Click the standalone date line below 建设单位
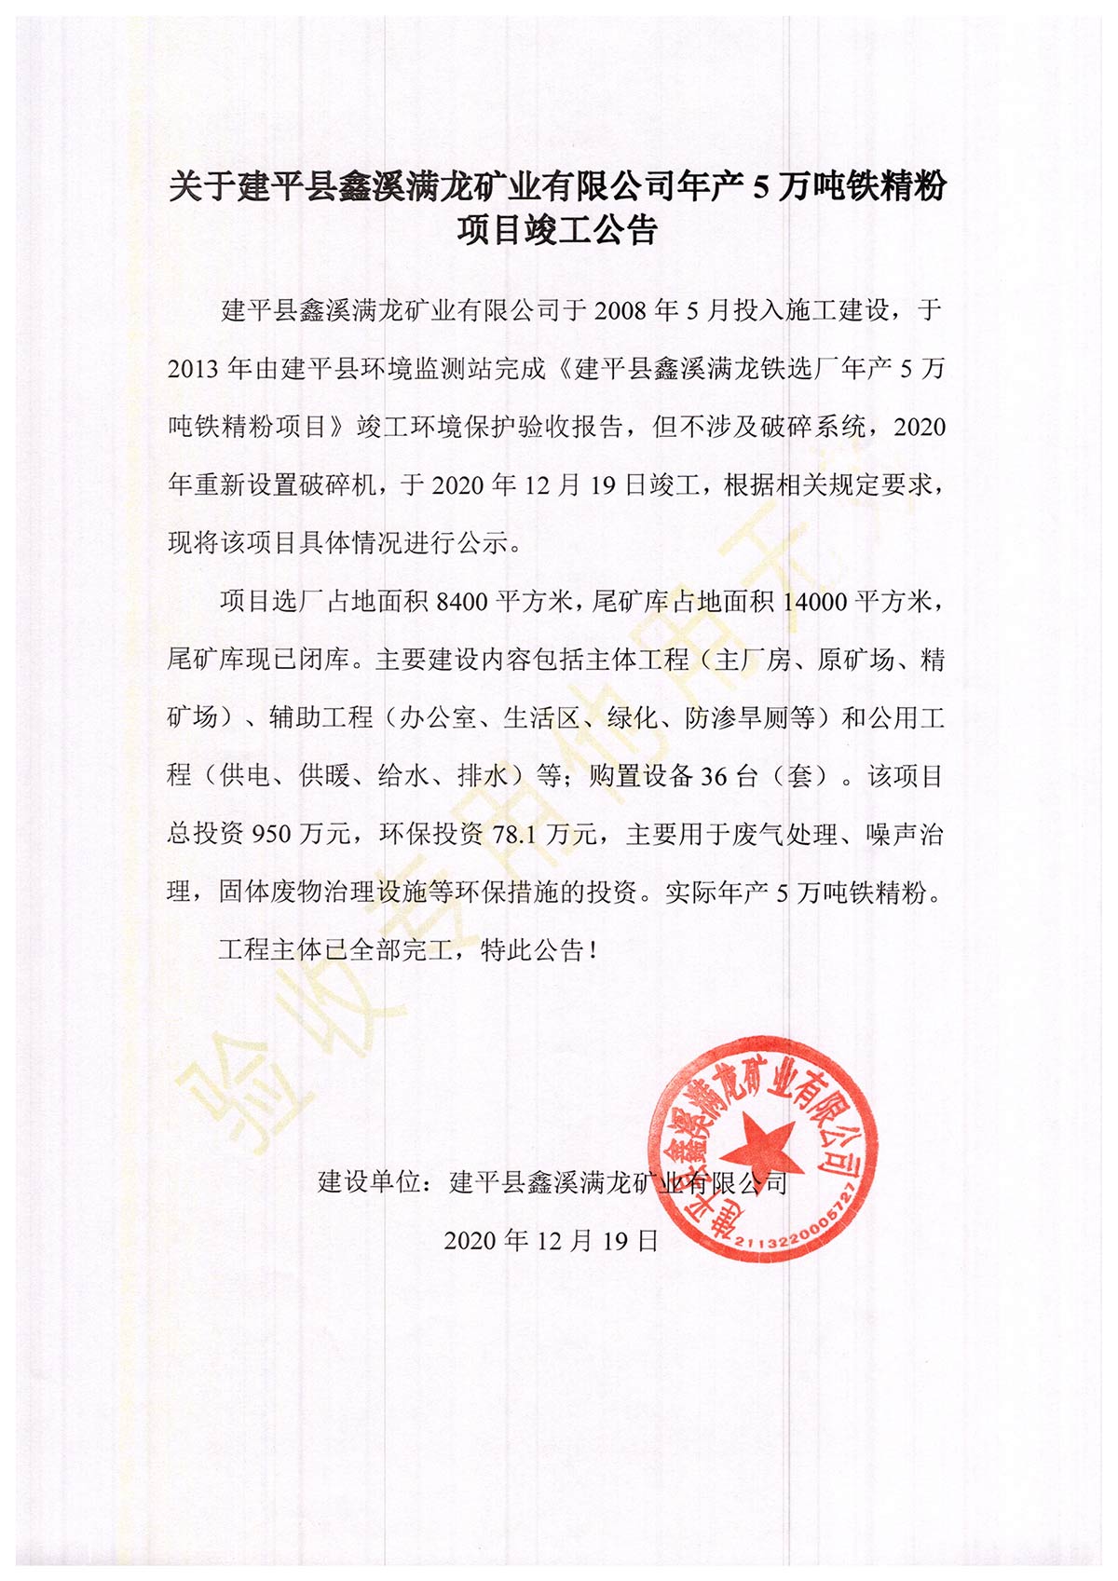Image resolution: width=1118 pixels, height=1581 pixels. point(551,1241)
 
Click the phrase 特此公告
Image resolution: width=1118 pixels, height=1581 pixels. point(532,951)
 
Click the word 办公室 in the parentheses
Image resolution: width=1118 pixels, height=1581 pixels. point(439,718)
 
